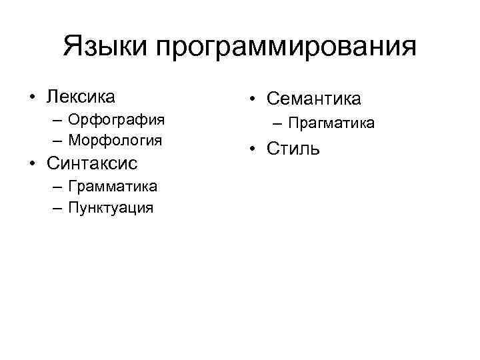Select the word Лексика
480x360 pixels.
[81, 97]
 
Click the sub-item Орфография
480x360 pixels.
[117, 121]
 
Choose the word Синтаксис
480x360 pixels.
[91, 164]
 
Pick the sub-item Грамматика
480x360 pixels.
[113, 187]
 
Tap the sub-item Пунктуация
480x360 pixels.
[111, 207]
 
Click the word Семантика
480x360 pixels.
[313, 99]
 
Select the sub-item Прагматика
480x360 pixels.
[331, 123]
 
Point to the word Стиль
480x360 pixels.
[293, 147]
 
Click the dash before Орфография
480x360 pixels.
[56, 121]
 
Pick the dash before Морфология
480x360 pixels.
[56, 141]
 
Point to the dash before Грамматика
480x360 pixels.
[56, 187]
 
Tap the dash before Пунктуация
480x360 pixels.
[56, 207]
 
